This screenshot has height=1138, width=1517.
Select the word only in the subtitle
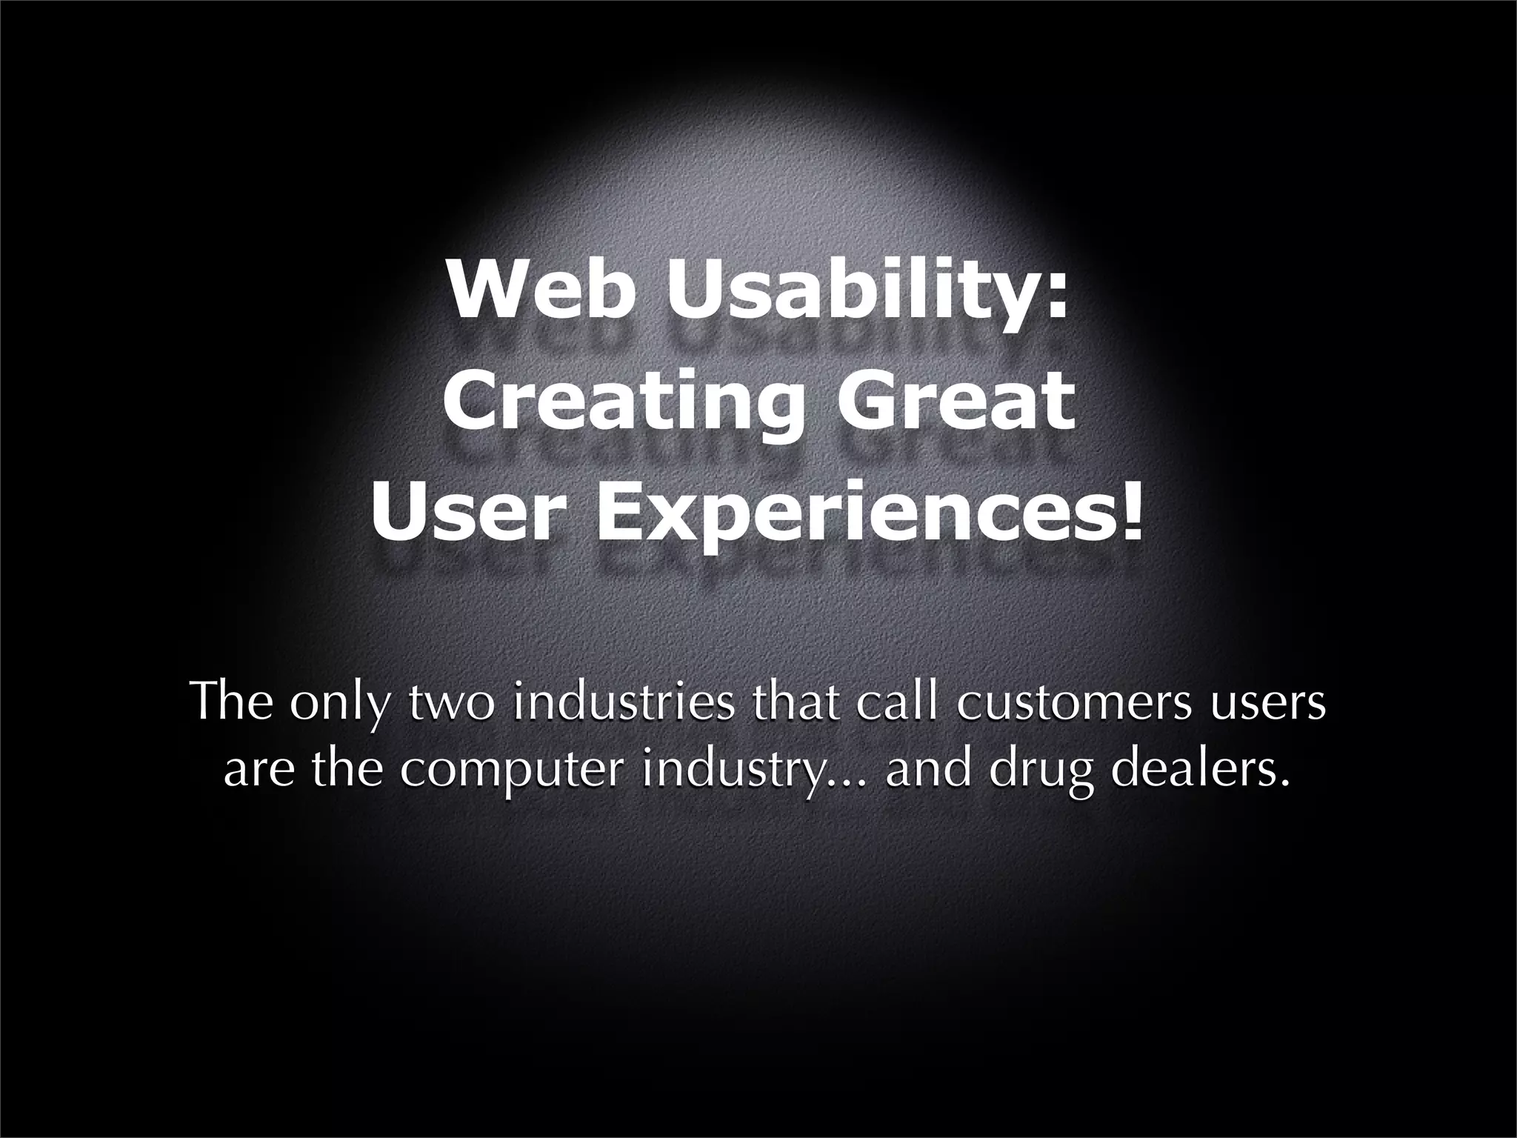[x=339, y=704]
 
